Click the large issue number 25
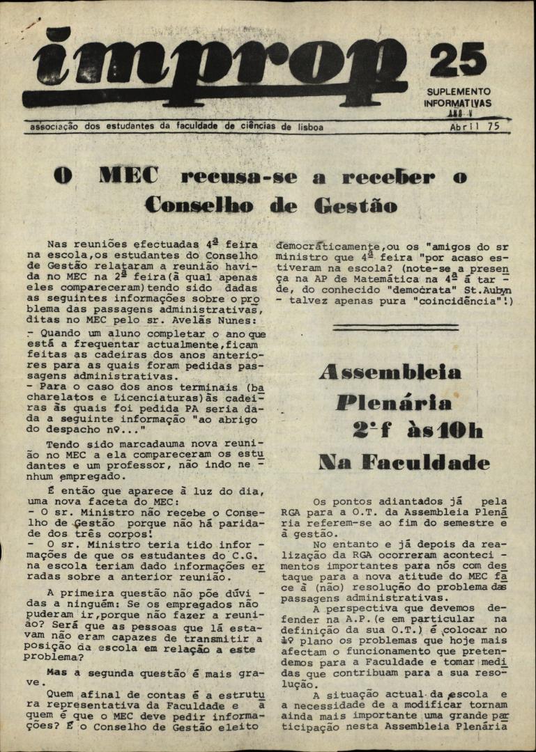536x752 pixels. [458, 61]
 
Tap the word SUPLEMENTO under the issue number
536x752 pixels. [459, 91]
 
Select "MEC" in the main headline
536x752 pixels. [128, 176]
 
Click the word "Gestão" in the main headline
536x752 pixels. [355, 206]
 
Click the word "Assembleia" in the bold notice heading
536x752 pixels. [390, 373]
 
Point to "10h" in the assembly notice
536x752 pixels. [459, 432]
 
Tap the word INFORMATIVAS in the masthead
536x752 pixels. [458, 103]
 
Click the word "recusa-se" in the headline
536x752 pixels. [240, 177]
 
